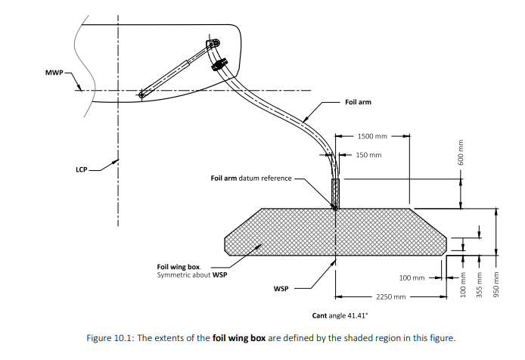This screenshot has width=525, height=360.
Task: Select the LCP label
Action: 82,169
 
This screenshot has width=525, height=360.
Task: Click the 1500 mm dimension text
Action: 372,136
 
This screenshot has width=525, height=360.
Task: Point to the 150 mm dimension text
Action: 368,155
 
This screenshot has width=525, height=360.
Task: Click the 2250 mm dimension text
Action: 391,297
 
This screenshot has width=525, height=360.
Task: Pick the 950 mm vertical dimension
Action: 496,282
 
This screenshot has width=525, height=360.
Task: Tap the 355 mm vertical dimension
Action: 479,282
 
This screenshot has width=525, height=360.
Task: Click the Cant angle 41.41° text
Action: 338,315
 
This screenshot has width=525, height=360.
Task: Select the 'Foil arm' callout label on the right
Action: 358,102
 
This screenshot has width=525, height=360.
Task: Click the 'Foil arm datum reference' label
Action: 250,178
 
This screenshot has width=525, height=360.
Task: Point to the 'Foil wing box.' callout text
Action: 179,267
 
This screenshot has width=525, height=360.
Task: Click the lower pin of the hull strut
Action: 141,95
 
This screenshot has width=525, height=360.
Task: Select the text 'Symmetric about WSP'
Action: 192,275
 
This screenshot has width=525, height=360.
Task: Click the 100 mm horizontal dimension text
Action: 412,278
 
